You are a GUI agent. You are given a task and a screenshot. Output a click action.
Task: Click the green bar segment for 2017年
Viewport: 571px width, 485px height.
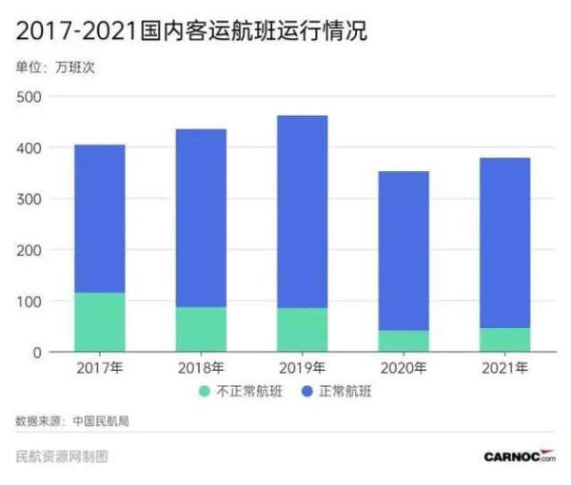click(99, 321)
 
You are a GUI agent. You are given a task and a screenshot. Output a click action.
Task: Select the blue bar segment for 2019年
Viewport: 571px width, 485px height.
click(302, 211)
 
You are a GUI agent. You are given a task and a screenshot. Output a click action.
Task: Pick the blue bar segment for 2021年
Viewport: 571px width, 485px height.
click(504, 242)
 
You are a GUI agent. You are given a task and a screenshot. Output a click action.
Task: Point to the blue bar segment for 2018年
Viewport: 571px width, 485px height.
click(201, 218)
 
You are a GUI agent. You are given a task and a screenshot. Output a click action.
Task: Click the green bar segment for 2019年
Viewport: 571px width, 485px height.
click(302, 329)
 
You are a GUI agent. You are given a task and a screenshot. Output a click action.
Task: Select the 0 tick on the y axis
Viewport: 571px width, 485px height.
click(36, 353)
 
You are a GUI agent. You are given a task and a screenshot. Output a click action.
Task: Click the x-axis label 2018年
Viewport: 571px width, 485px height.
click(201, 368)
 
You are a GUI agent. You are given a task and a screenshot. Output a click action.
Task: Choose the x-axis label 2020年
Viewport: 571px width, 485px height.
click(403, 368)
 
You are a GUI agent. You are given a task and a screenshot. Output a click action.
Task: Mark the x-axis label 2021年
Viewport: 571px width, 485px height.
click(504, 368)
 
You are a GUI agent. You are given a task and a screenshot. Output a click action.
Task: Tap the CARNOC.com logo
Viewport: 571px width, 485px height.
click(519, 456)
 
